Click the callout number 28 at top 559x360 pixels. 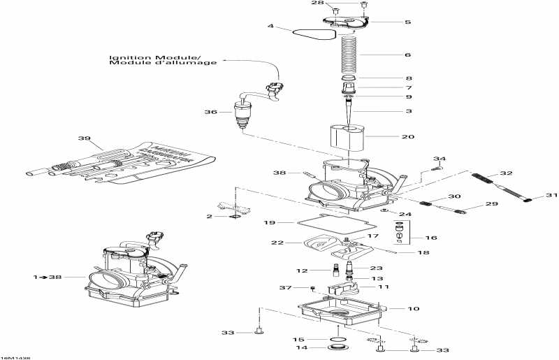(x=337, y=3)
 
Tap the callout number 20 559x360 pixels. (x=408, y=137)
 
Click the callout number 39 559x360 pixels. (x=85, y=138)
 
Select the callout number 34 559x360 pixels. (x=440, y=159)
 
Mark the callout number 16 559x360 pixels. (x=431, y=238)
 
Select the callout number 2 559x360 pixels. (x=209, y=217)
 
